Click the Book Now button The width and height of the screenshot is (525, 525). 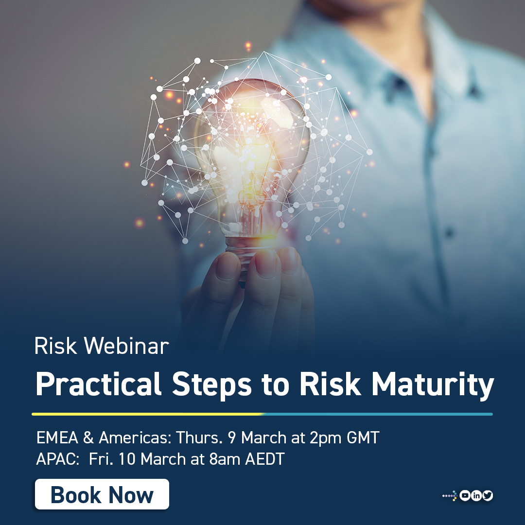(102, 494)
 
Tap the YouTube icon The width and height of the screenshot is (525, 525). (465, 496)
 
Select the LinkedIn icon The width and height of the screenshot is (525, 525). (476, 496)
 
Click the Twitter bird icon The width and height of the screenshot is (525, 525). (488, 496)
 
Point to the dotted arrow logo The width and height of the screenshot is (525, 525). (450, 496)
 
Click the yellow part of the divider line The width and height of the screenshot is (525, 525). (146, 414)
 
